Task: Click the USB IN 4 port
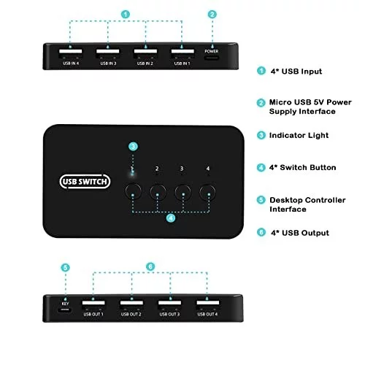point(71,53)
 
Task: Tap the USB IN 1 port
point(182,53)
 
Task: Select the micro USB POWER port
point(212,58)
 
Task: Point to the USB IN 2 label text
point(145,64)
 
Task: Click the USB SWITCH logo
point(85,182)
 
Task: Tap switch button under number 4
point(207,192)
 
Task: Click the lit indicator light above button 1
point(132,173)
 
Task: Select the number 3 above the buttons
point(182,169)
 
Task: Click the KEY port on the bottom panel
point(65,310)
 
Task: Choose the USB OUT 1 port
point(93,304)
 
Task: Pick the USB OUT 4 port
point(208,304)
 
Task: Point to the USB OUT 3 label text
point(169,315)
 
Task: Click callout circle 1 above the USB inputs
point(126,15)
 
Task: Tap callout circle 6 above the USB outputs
point(150,266)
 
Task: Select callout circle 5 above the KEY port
point(65,268)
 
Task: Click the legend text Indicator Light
point(299,135)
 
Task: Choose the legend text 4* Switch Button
point(302,167)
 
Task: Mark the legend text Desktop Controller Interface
point(307,204)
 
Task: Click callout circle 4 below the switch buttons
point(171,218)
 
